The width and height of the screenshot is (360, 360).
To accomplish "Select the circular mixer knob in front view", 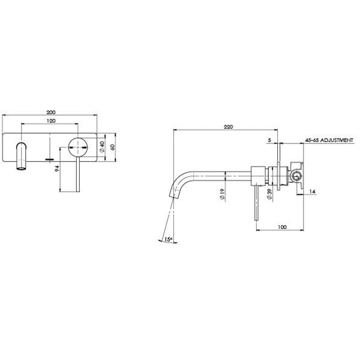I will point(79,146).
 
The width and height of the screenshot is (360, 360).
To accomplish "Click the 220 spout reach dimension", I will point(227,127).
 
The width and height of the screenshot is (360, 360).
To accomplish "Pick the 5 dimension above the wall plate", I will point(270,140).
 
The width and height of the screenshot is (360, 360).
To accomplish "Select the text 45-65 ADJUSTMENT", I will point(329,140).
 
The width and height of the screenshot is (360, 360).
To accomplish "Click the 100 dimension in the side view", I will point(281,227).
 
